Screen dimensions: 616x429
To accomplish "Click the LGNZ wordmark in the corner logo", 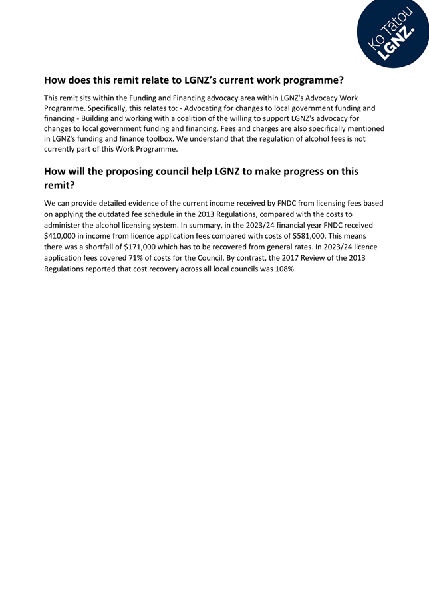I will [x=398, y=44].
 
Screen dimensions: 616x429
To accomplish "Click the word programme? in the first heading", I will [x=310, y=80].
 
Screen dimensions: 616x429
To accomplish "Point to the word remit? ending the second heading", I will [x=59, y=186].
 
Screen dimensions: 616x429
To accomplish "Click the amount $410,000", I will [x=63, y=235].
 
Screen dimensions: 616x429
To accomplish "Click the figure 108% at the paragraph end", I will [x=282, y=267].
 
